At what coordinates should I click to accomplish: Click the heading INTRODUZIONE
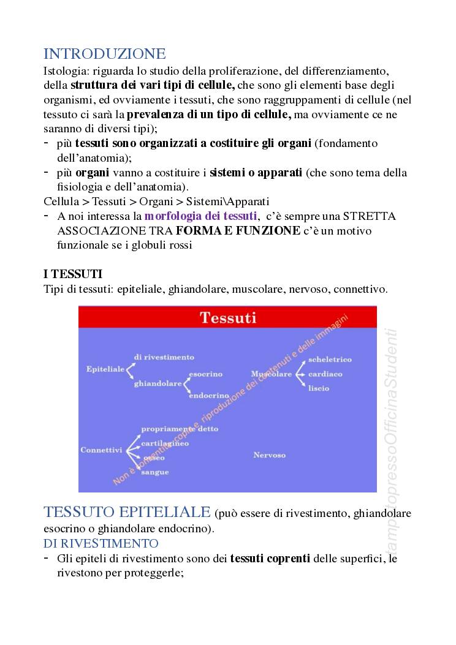[x=105, y=54]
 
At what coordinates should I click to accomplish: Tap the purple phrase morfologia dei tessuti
[x=200, y=216]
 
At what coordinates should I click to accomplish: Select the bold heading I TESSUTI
[x=73, y=274]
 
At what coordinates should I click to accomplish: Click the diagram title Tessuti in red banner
[x=228, y=317]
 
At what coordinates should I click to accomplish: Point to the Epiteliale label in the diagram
[x=105, y=369]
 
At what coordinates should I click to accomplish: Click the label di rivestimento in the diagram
[x=164, y=357]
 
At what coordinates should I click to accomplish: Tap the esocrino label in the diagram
[x=205, y=374]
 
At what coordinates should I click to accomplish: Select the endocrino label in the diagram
[x=208, y=396]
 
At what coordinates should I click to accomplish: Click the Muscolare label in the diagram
[x=272, y=374]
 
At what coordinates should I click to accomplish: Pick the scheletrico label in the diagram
[x=330, y=360]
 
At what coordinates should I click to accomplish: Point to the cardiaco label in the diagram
[x=325, y=374]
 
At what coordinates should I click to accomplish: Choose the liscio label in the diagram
[x=319, y=388]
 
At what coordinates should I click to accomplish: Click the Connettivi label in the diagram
[x=101, y=450]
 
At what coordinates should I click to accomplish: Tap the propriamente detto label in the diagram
[x=180, y=429]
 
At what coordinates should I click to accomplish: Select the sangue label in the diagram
[x=154, y=472]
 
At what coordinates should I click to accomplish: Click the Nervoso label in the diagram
[x=270, y=455]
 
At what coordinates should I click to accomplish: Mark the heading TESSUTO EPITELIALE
[x=127, y=512]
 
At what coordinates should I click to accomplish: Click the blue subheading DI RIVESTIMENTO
[x=101, y=543]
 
